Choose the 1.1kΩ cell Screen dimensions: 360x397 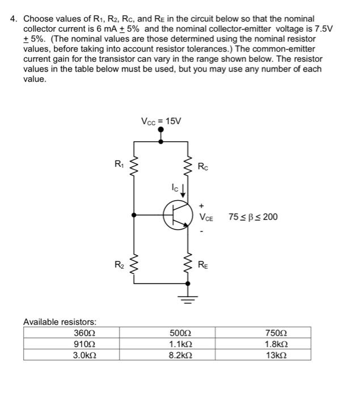[179, 344]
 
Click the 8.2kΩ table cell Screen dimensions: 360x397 [179, 355]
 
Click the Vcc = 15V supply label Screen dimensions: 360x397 [161, 121]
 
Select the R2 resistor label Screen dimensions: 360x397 [118, 264]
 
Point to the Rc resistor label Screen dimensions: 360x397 [203, 167]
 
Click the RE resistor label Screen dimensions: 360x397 [203, 264]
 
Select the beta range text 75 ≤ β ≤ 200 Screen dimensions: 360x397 [253, 217]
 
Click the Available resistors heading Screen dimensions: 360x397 [60, 322]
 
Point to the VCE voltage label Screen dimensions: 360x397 [206, 217]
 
